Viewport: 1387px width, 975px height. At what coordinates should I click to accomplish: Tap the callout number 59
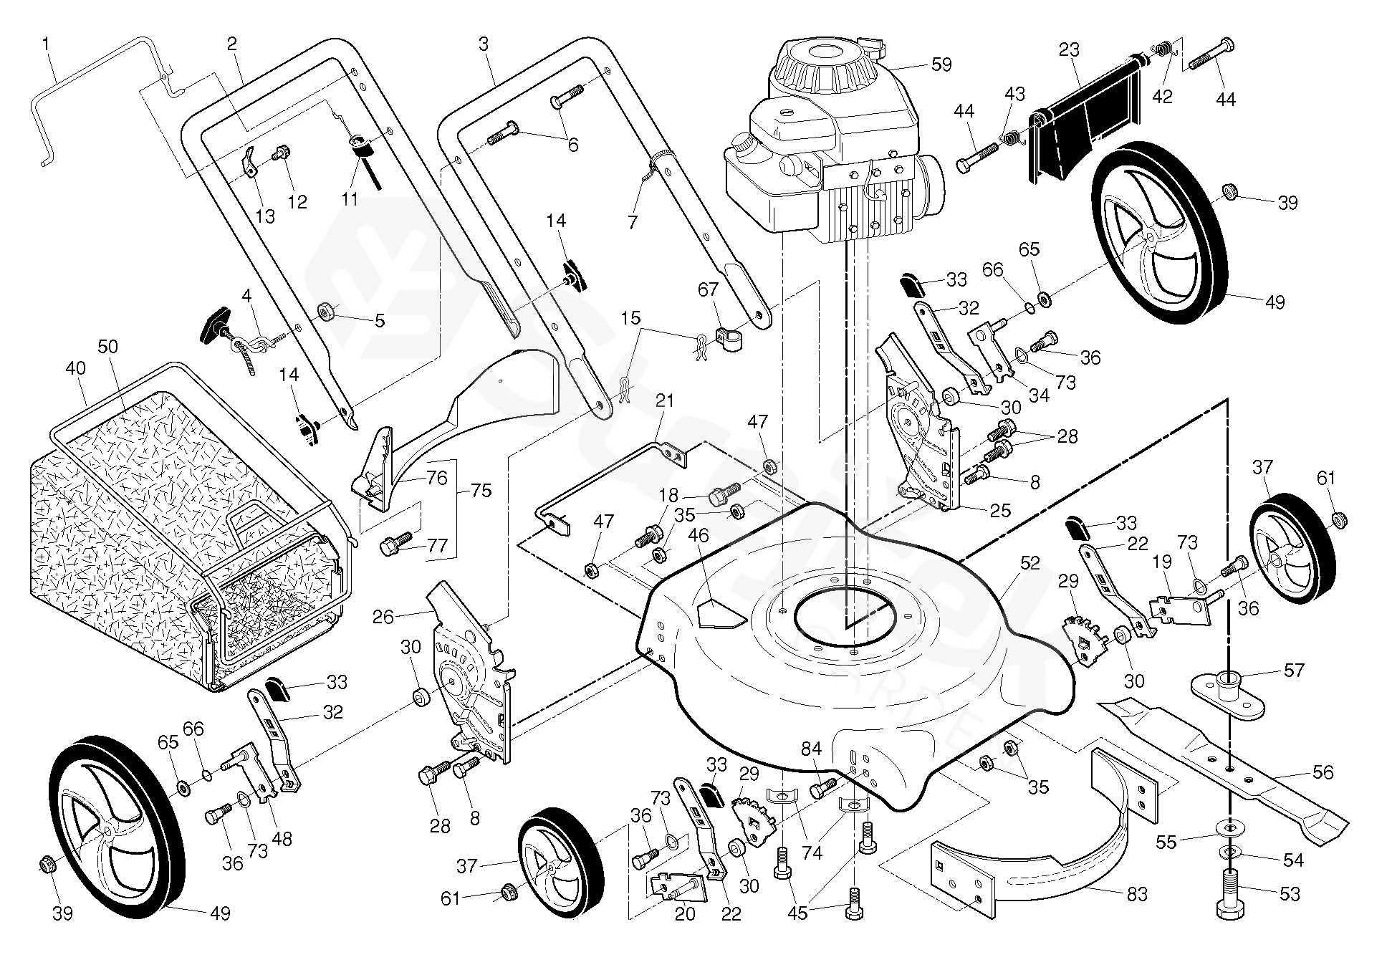941,64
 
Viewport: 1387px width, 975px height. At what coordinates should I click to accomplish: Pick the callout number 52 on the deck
1030,563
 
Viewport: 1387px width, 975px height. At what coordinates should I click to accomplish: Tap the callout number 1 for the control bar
47,44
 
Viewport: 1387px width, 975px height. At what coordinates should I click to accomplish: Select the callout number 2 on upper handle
231,44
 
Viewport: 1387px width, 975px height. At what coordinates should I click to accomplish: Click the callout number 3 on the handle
483,44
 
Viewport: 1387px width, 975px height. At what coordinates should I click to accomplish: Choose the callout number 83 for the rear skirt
1137,894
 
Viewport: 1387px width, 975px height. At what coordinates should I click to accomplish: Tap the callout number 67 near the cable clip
708,289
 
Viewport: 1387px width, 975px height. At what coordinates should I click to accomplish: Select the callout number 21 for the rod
665,400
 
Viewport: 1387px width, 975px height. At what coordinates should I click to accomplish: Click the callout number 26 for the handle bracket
384,616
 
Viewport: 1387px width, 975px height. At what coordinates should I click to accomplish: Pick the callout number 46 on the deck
698,534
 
